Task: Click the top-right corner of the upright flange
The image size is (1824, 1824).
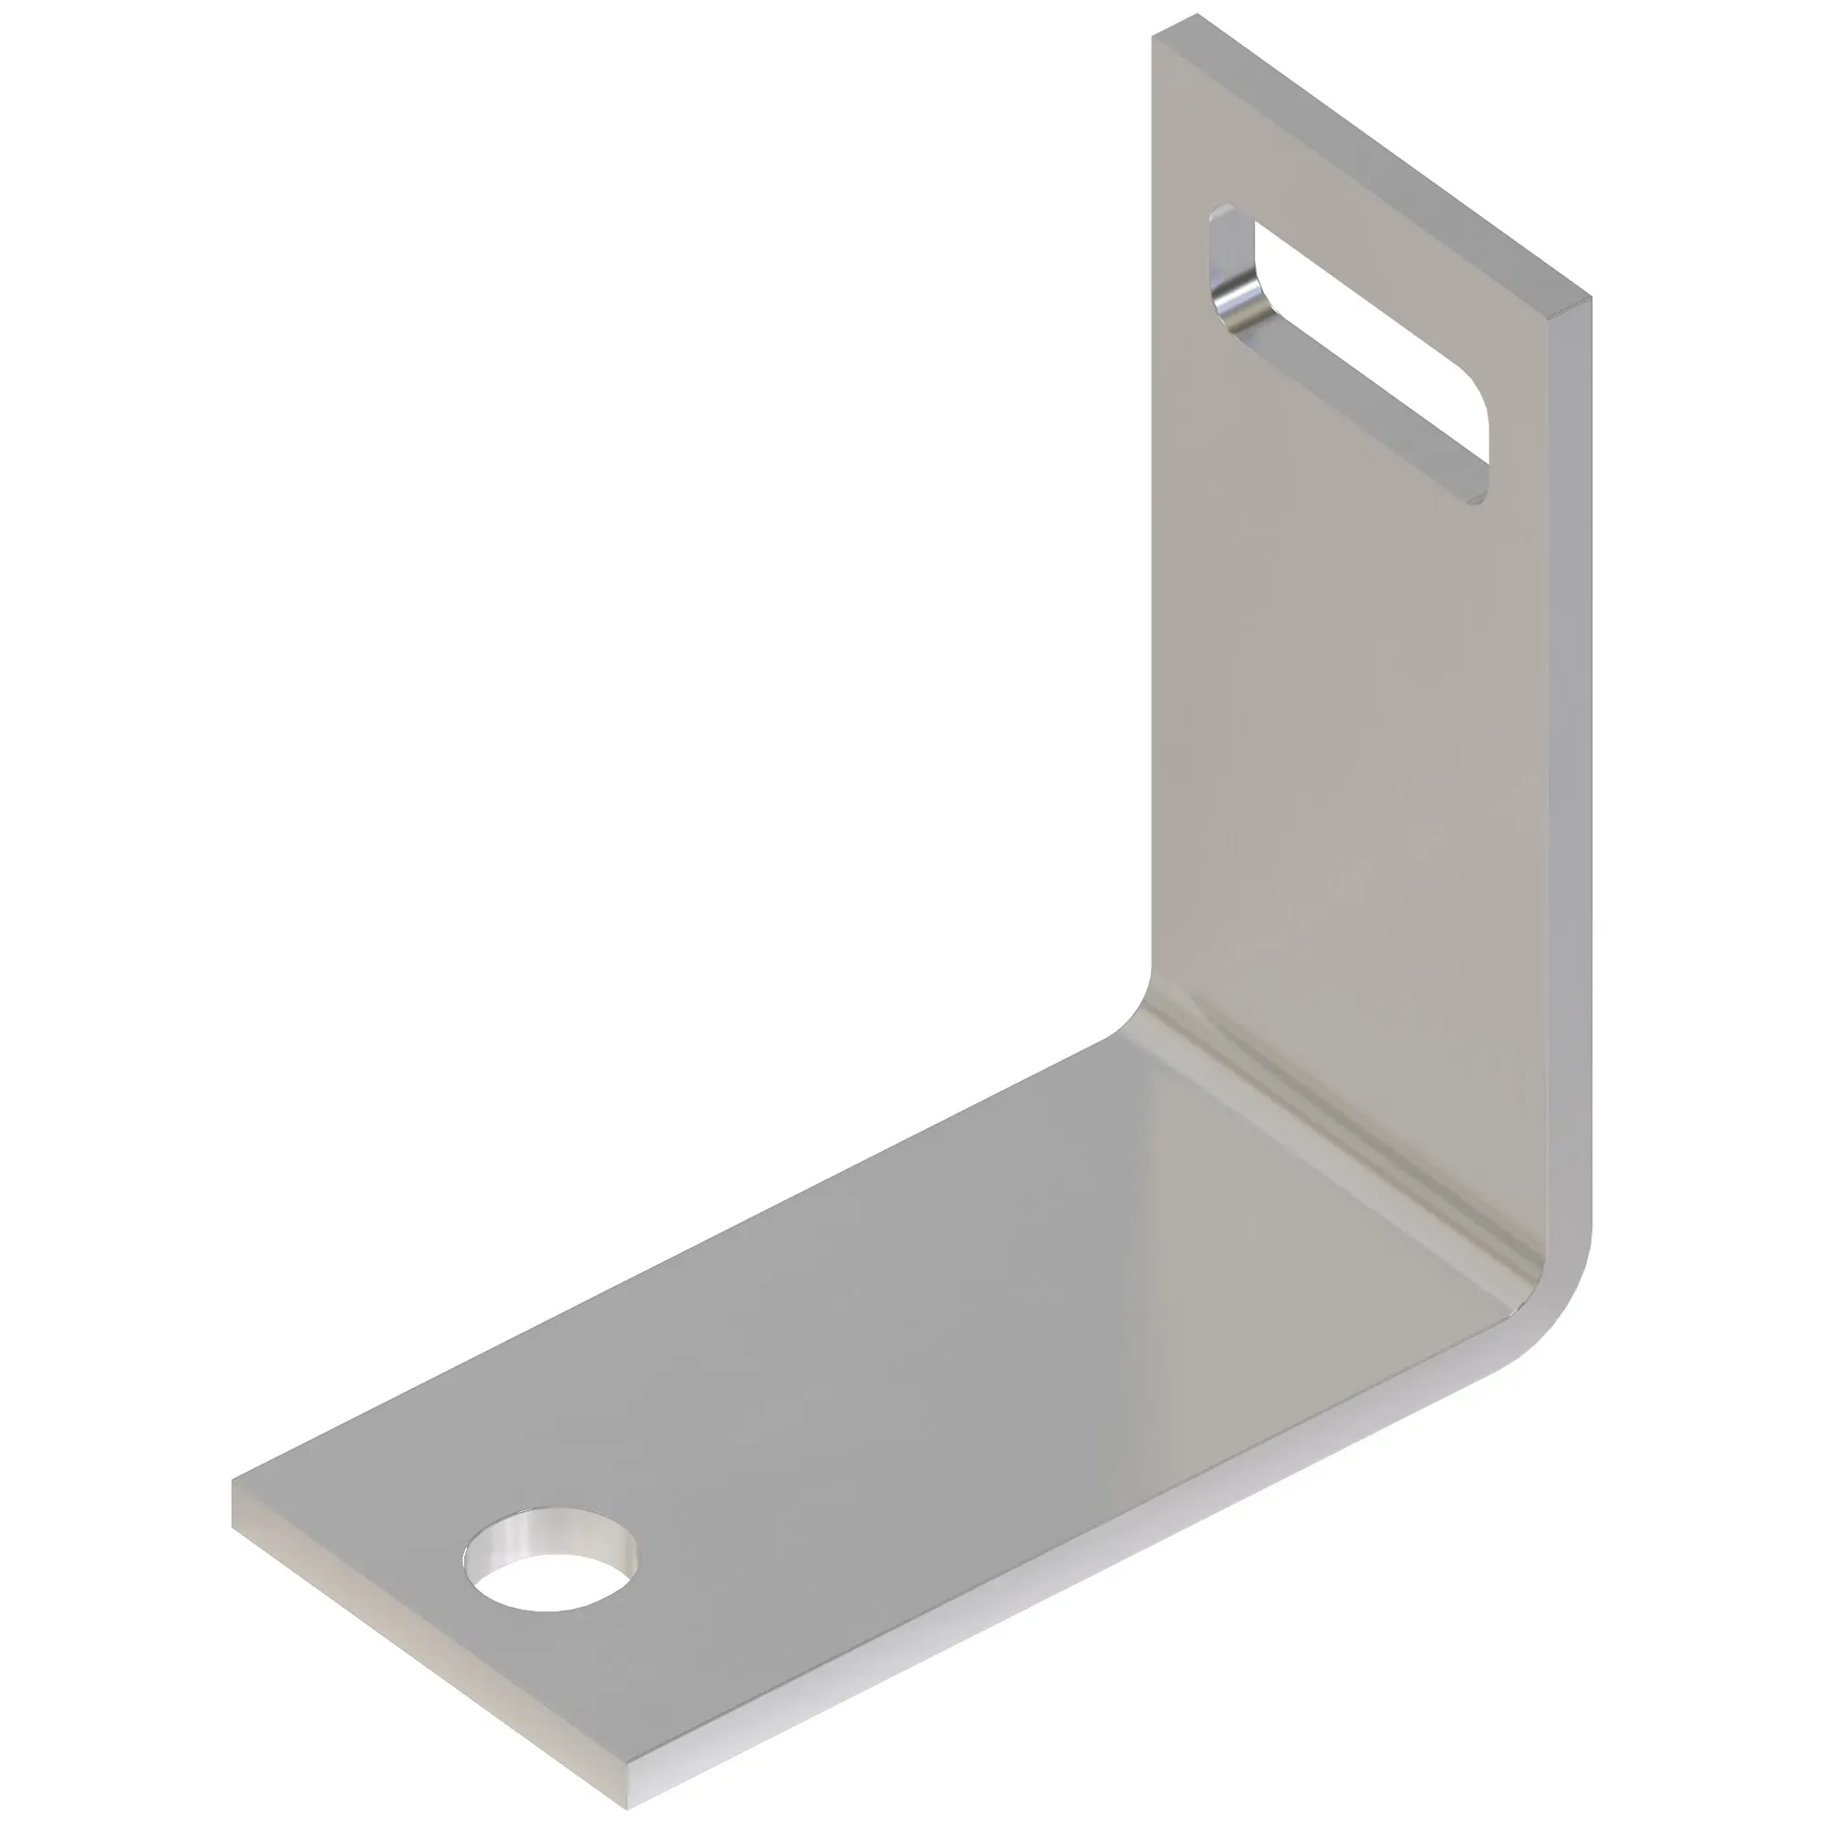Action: (1590, 300)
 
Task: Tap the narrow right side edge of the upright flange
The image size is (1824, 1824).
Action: (1570, 755)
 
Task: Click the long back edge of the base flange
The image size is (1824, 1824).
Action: (661, 1284)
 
